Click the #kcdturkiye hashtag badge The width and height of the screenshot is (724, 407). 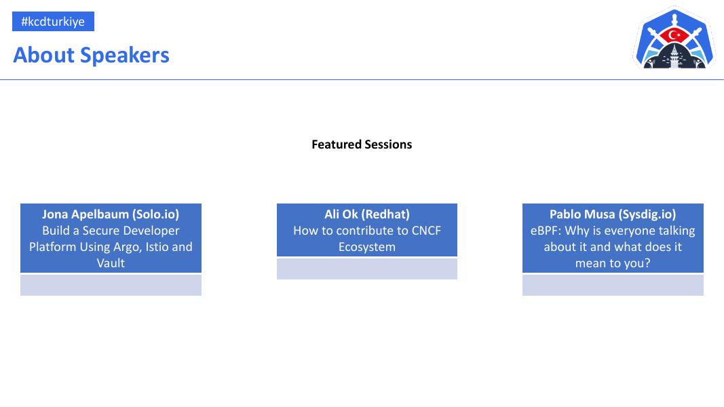53,21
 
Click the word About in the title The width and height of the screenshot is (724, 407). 44,55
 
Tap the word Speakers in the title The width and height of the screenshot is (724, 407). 125,56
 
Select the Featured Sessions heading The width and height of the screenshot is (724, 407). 362,144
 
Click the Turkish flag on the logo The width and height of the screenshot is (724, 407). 674,35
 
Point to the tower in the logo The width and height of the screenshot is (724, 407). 675,56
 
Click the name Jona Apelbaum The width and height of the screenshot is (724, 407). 85,214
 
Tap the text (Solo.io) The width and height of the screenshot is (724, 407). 155,214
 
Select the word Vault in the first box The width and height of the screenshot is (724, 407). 111,263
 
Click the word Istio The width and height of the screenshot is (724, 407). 157,247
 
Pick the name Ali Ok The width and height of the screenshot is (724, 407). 341,214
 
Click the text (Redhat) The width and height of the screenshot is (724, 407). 385,214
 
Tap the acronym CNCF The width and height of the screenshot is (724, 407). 426,231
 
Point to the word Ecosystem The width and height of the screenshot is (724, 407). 367,247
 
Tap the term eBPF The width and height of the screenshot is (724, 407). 546,231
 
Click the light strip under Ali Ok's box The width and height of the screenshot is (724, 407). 367,269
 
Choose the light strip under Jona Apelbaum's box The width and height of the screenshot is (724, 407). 111,285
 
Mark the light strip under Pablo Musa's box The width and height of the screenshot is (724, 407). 613,285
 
